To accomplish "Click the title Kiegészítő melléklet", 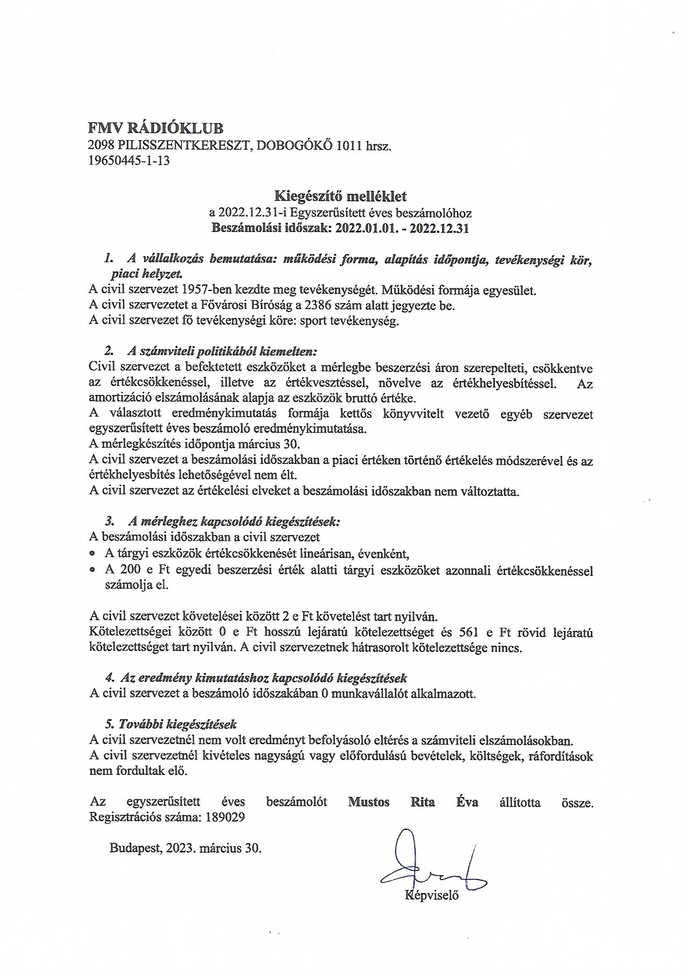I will (341, 196).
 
